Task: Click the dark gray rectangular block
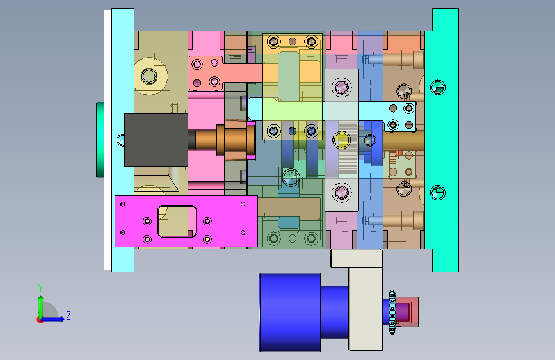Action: [x=156, y=140]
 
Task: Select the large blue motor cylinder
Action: [x=290, y=312]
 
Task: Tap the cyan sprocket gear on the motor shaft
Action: [x=392, y=312]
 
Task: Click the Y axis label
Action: [x=40, y=288]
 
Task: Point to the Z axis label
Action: [x=68, y=315]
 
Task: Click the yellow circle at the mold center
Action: [x=341, y=140]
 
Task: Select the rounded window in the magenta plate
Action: [x=177, y=222]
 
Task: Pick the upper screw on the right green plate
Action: [x=438, y=87]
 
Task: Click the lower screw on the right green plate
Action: [x=438, y=192]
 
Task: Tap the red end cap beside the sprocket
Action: [x=407, y=312]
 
